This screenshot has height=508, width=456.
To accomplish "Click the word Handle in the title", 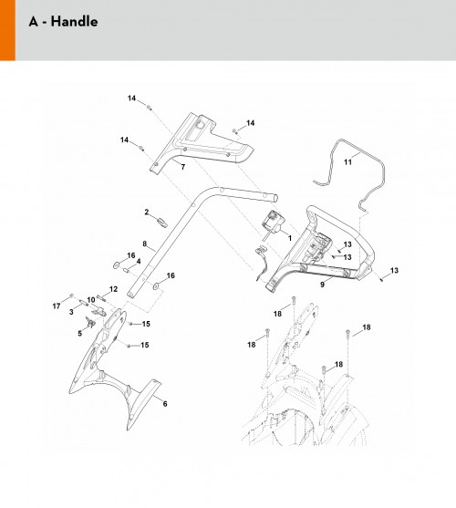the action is (x=74, y=22).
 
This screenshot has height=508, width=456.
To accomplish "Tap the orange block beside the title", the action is (x=7, y=30).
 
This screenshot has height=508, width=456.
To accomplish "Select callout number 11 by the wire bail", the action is (x=347, y=161).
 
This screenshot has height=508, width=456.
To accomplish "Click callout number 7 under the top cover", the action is (x=183, y=167).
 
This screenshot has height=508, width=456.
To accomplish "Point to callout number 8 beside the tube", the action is (x=144, y=244).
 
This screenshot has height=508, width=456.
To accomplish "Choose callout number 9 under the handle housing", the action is (x=322, y=285).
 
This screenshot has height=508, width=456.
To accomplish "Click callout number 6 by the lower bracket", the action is (x=165, y=404).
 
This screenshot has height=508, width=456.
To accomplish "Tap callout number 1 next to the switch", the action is (x=290, y=238).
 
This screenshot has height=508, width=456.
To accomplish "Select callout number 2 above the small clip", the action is (x=147, y=212).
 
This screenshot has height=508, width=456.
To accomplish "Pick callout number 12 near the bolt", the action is (x=113, y=289).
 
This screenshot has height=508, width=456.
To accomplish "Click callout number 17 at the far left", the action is (x=57, y=306).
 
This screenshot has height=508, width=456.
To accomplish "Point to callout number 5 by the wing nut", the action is (x=79, y=334).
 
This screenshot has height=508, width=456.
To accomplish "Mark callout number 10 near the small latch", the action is (x=91, y=300).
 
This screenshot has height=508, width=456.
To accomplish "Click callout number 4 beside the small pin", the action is (x=139, y=261).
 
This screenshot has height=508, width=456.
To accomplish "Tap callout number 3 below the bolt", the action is (x=71, y=312).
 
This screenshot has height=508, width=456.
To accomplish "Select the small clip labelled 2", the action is (x=162, y=223).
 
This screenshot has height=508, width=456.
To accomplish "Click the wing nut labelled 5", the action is (x=90, y=322).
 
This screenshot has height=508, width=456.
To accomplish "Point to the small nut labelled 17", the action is (x=72, y=295).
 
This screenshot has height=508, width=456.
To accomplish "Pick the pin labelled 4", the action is (x=127, y=270).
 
